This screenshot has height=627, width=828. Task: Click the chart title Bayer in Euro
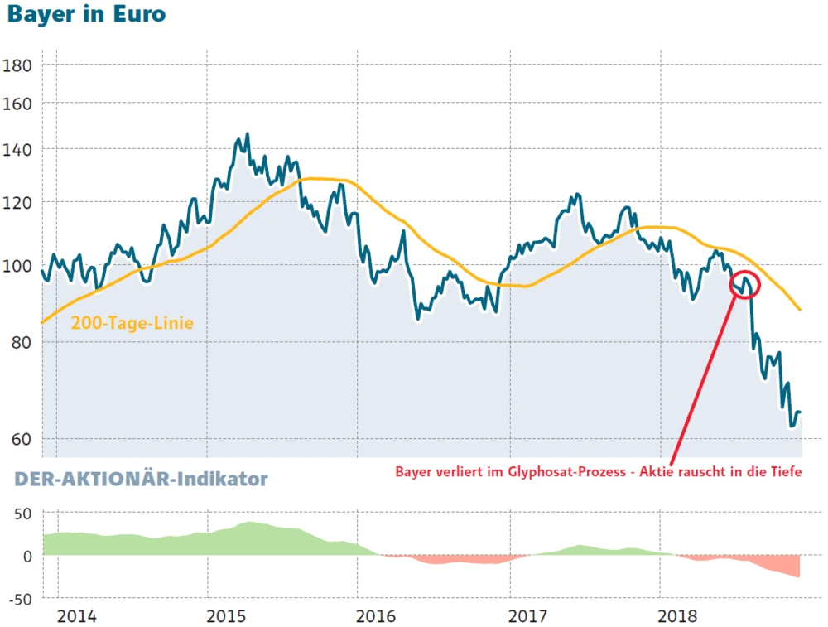coord(85,16)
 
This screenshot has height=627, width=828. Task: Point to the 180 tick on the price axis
coord(19,65)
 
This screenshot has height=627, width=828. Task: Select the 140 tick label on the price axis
coord(19,150)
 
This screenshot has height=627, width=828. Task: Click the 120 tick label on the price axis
coord(19,203)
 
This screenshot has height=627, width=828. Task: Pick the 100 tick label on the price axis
coord(19,267)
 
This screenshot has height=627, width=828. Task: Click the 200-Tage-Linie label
coord(132,323)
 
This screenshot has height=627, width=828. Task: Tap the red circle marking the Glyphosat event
coord(744,285)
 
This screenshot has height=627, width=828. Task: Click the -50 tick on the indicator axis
coord(19,598)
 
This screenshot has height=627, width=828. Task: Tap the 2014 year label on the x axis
coord(77,616)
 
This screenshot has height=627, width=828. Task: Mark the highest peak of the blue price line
coord(247,134)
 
